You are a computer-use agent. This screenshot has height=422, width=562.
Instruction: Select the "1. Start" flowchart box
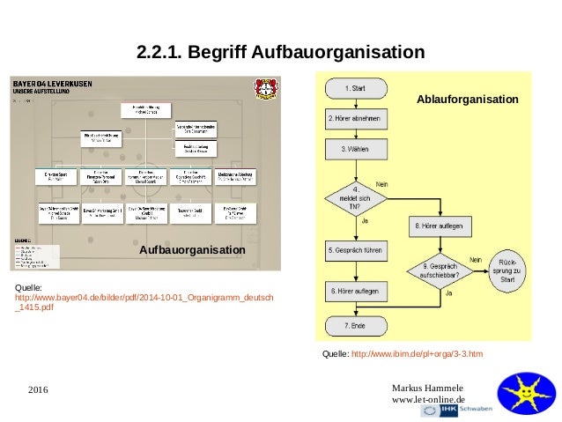tap(355, 88)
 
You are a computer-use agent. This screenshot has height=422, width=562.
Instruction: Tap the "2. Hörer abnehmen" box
tap(355, 119)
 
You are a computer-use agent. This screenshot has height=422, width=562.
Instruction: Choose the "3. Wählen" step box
tap(355, 150)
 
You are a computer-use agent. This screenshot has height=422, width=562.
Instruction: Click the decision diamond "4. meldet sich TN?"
tap(355, 197)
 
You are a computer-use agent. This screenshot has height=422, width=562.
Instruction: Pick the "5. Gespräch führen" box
tap(355, 249)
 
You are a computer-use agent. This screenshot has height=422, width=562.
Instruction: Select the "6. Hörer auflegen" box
tap(355, 290)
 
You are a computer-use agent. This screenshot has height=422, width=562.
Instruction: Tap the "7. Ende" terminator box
tap(355, 327)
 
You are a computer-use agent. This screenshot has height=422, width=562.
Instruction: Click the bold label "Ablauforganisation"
tap(467, 100)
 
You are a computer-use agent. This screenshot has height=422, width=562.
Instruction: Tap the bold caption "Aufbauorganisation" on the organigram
tap(192, 251)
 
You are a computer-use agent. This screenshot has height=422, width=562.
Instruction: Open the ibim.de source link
tap(417, 353)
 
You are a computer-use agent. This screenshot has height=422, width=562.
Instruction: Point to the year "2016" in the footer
tap(39, 389)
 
